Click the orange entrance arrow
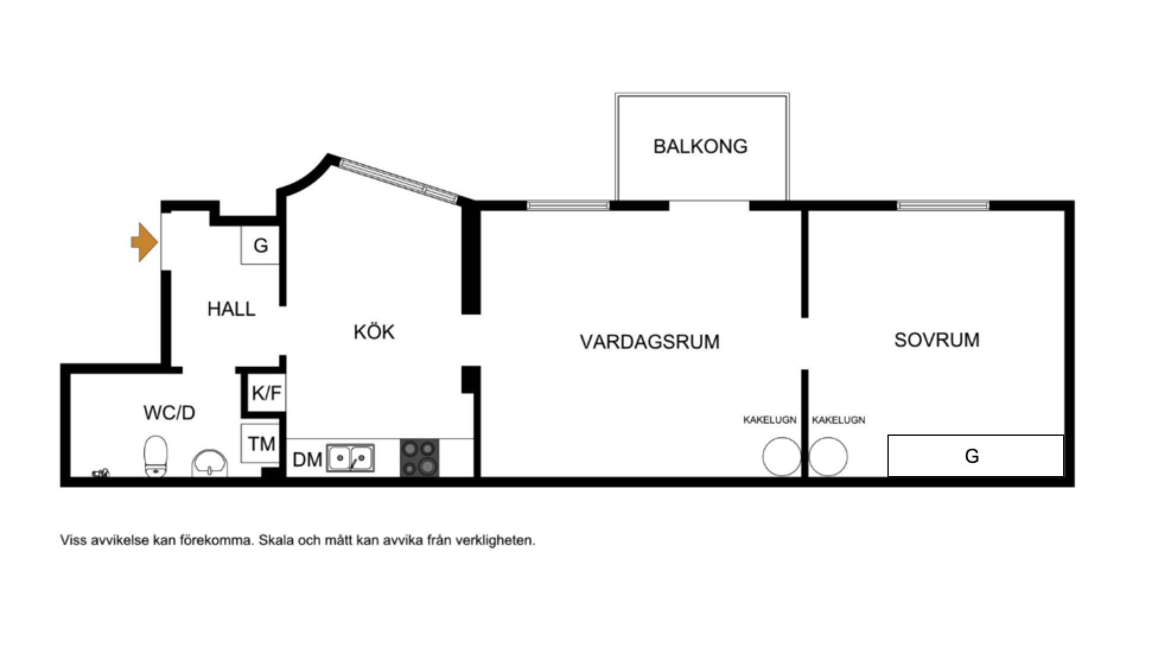(x=144, y=242)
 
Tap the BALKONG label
(x=700, y=147)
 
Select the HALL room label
(x=231, y=309)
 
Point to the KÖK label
(x=374, y=331)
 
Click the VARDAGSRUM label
(x=650, y=342)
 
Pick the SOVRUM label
(x=937, y=340)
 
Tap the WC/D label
(x=169, y=413)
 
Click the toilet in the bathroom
(x=156, y=456)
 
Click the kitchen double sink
(x=350, y=458)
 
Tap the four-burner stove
(x=419, y=458)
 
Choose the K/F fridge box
(x=266, y=393)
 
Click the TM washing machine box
(x=262, y=443)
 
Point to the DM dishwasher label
(x=307, y=459)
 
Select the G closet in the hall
(x=260, y=245)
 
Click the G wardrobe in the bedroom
(x=975, y=456)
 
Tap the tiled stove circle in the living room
(x=781, y=456)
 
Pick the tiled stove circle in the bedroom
(x=828, y=456)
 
